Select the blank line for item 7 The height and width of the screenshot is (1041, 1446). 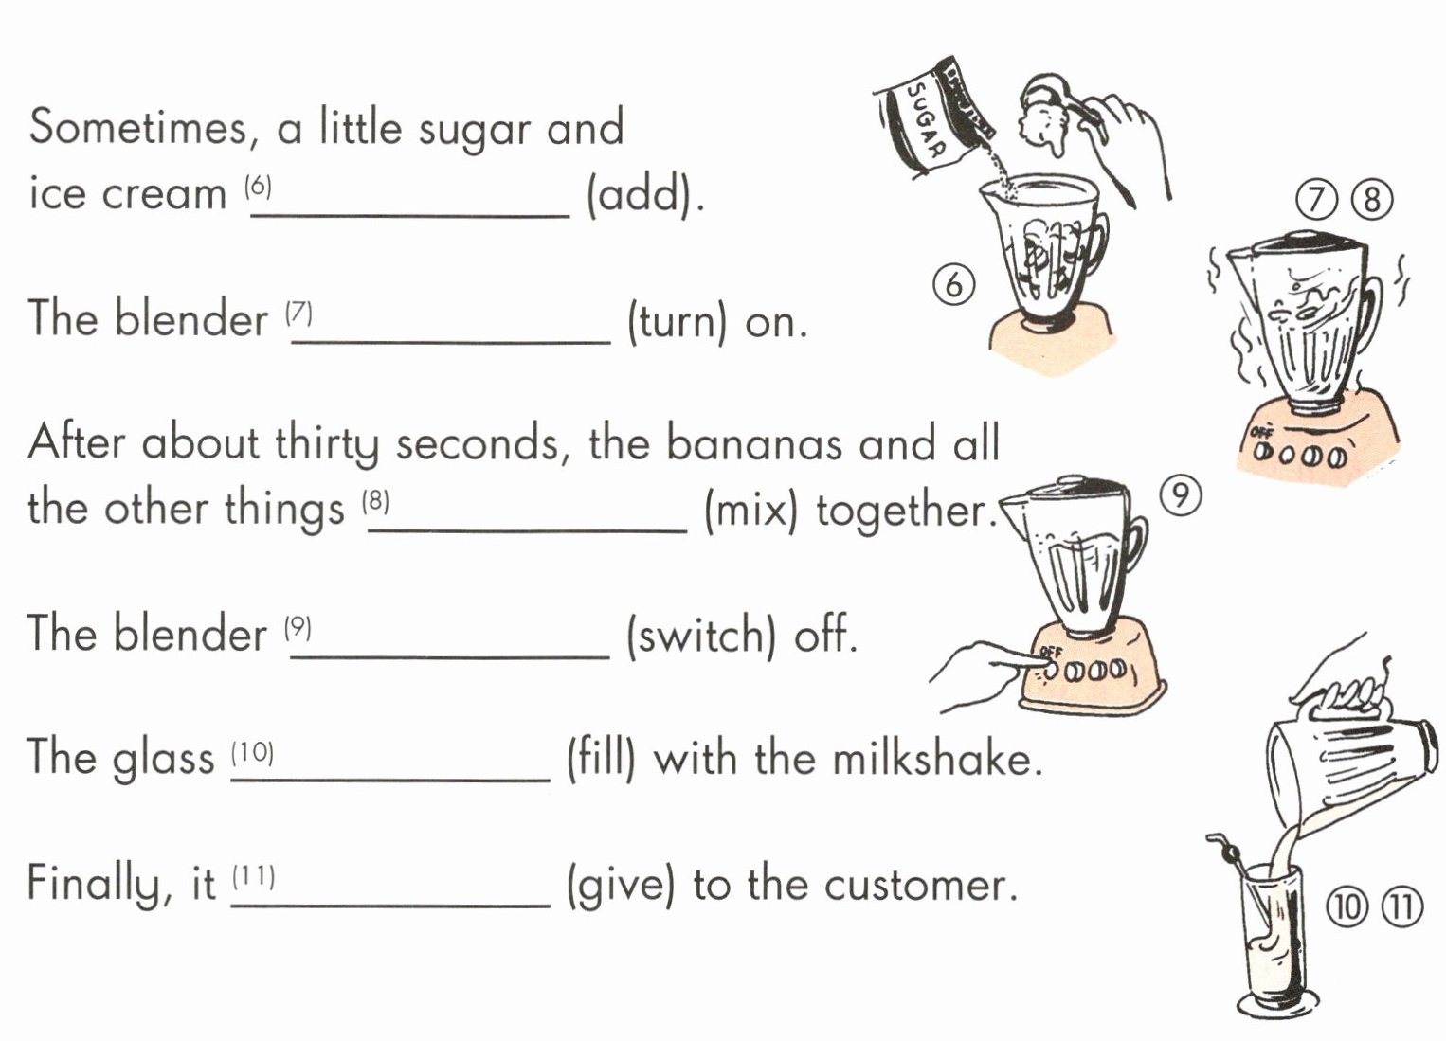[451, 343]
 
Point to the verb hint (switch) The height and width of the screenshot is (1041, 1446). [701, 635]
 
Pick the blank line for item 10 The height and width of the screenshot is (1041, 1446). [390, 781]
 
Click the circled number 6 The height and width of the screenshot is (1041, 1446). [953, 284]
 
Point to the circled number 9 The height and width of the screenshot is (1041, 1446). [1180, 496]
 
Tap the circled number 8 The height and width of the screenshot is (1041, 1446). [1372, 200]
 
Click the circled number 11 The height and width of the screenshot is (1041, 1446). [1401, 908]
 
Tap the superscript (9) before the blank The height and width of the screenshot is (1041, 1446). [298, 627]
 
